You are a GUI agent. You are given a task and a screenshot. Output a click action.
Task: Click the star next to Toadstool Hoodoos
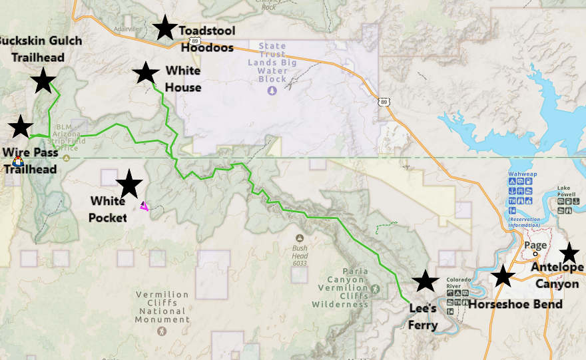click(x=164, y=28)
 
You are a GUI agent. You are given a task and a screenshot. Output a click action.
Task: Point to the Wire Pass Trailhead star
click(x=21, y=126)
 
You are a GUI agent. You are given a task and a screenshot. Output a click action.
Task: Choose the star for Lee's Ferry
click(x=426, y=281)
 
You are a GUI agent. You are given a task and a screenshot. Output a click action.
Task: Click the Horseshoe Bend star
click(x=503, y=275)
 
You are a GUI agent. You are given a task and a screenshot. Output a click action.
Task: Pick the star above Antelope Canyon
click(x=569, y=253)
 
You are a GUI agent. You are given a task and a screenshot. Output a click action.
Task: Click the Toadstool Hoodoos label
click(x=206, y=39)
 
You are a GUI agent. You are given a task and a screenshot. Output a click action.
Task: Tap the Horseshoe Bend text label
click(x=515, y=304)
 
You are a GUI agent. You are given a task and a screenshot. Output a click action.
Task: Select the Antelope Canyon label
click(x=558, y=275)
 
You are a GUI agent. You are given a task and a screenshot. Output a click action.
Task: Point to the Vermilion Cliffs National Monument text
click(x=162, y=307)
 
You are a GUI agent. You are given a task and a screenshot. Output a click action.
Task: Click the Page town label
click(x=535, y=245)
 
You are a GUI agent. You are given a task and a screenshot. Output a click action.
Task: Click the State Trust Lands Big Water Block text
click(x=272, y=63)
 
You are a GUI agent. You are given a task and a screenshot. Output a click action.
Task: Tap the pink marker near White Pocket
click(x=144, y=206)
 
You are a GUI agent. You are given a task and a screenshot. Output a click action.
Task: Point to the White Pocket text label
click(x=108, y=209)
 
